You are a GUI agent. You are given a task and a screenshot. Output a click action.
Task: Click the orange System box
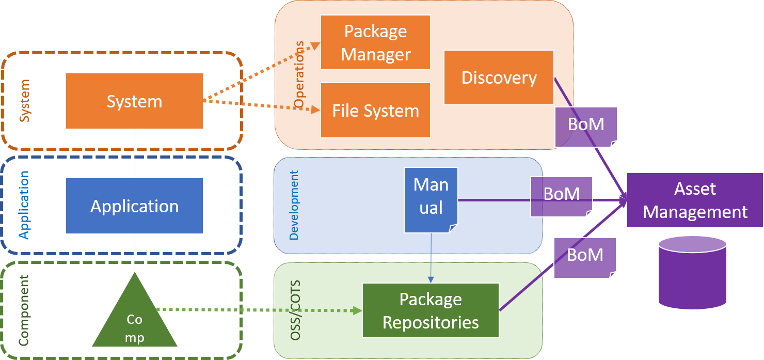click(x=134, y=101)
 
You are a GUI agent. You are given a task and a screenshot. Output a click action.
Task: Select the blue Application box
click(x=134, y=206)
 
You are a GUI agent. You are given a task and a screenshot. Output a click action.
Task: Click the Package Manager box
click(x=375, y=42)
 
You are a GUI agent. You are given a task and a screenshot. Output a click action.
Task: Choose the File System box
click(x=375, y=111)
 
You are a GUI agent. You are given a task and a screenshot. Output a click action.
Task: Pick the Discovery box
click(x=499, y=77)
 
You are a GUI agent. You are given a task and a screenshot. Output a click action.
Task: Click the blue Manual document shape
click(x=431, y=199)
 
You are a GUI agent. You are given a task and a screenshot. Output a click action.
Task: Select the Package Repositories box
click(x=431, y=310)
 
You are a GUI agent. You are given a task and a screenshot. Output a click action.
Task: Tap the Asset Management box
click(x=695, y=200)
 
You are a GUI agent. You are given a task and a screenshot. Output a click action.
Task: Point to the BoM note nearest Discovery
click(x=586, y=126)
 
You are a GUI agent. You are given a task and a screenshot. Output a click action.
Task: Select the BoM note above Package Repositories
click(x=585, y=257)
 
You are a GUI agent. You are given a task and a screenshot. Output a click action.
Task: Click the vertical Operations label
click(x=299, y=81)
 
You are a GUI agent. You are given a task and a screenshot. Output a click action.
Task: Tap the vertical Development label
click(x=294, y=205)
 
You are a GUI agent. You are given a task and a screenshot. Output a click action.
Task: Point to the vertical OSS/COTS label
click(x=295, y=310)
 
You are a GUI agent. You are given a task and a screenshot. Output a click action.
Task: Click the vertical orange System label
click(x=24, y=101)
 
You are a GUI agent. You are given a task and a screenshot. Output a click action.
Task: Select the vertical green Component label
click(x=24, y=310)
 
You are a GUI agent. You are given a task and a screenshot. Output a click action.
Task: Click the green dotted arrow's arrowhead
click(x=356, y=310)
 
